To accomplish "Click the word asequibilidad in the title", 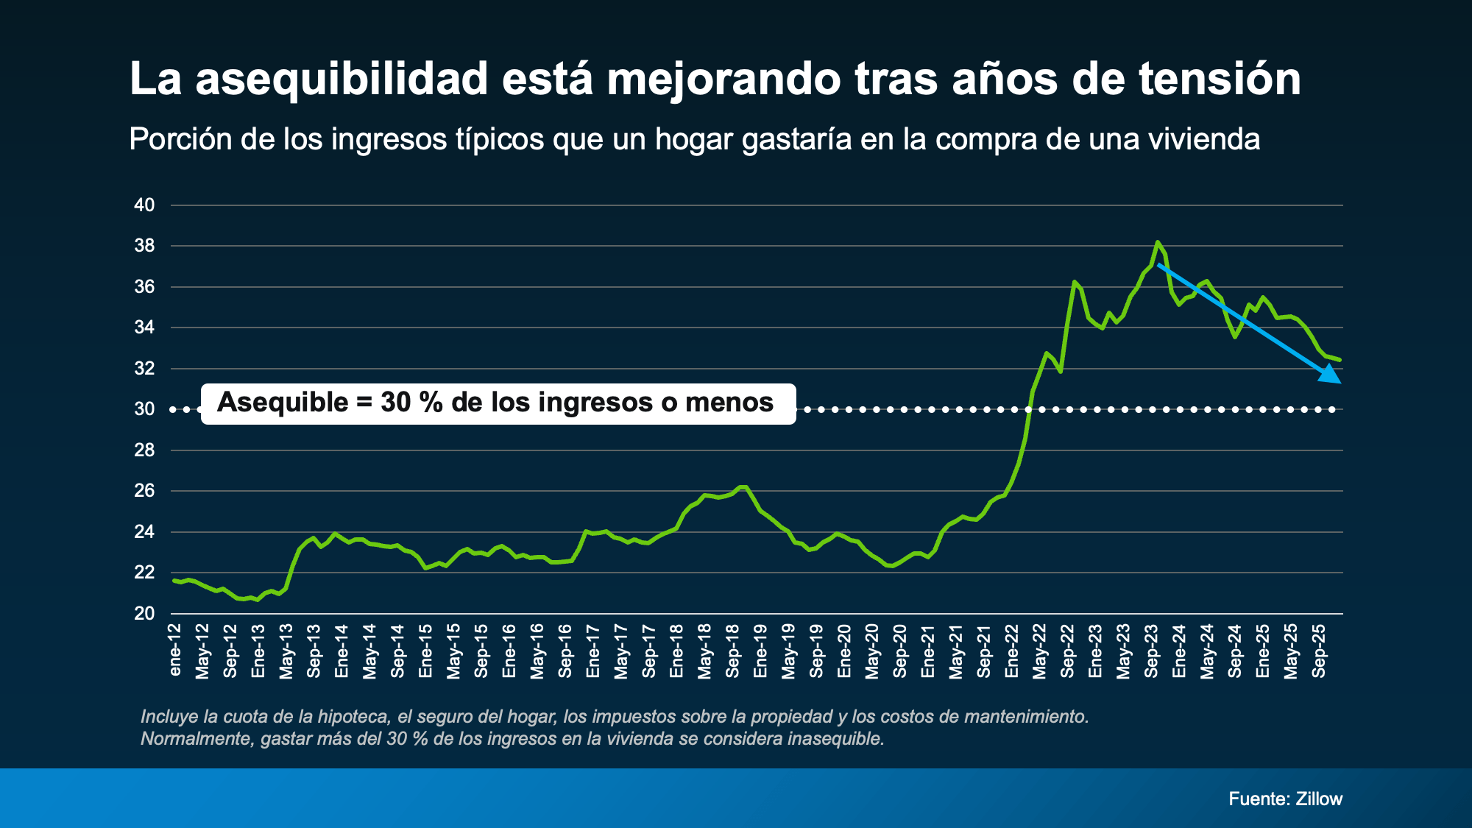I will pyautogui.click(x=342, y=79).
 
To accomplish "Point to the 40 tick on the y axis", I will pyautogui.click(x=144, y=205).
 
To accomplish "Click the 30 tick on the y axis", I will pyautogui.click(x=144, y=409).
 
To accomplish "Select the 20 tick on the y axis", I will pyautogui.click(x=144, y=613).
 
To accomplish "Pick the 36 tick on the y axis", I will pyautogui.click(x=144, y=287).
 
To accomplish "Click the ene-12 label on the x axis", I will pyautogui.click(x=175, y=650).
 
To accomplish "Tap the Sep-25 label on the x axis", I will pyautogui.click(x=1319, y=651).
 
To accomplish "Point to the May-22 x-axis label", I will pyautogui.click(x=1039, y=651).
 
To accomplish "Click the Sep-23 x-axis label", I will pyautogui.click(x=1151, y=651).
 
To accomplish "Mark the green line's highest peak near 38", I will pyautogui.click(x=1158, y=242).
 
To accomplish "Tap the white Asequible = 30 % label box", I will pyautogui.click(x=498, y=403).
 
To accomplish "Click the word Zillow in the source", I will pyautogui.click(x=1319, y=799).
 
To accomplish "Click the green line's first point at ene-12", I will pyautogui.click(x=174, y=581).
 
